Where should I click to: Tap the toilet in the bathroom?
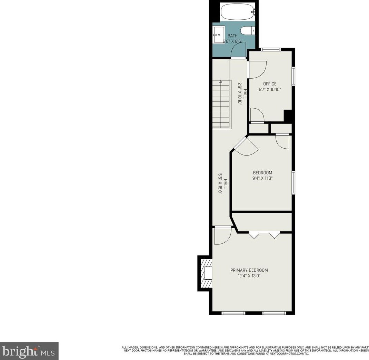247,31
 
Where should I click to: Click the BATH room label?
232,36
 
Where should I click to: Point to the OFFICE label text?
270,84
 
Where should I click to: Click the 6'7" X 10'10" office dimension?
270,90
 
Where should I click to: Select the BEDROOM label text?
262,173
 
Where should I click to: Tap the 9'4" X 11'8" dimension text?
262,179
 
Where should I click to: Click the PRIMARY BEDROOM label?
249,270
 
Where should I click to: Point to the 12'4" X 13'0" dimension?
249,276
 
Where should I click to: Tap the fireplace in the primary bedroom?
206,273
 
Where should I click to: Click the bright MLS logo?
29,351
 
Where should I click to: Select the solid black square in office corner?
288,116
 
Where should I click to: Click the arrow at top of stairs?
221,81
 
